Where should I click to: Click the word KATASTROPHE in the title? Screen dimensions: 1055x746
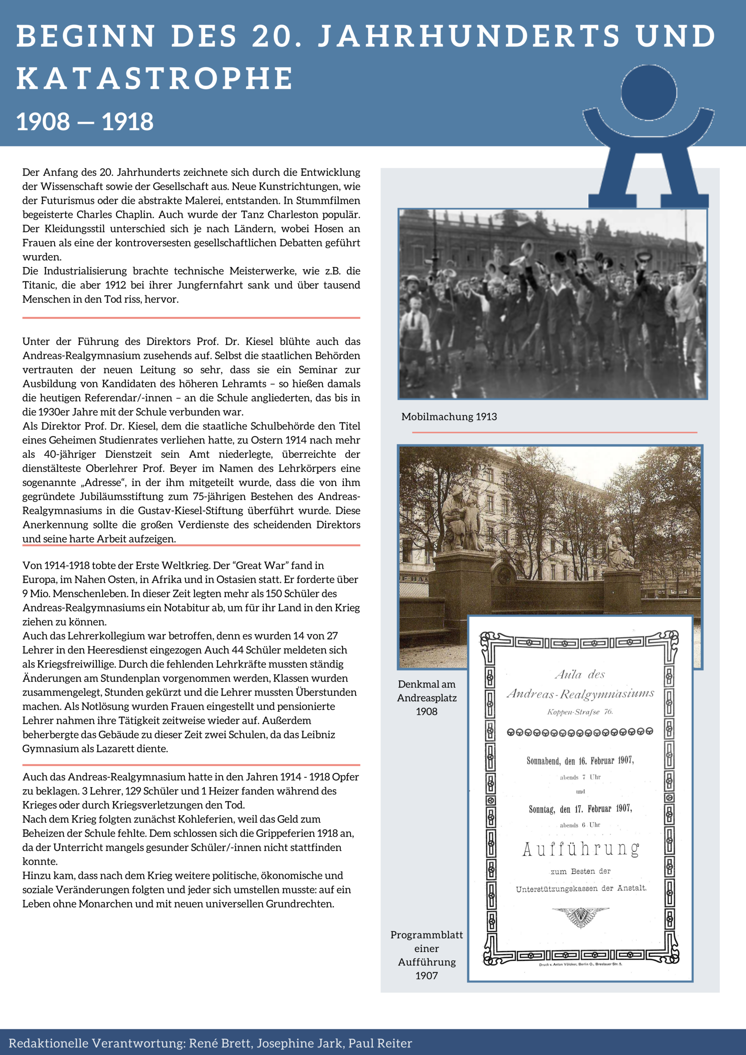(155, 78)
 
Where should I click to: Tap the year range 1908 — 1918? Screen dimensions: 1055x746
(85, 122)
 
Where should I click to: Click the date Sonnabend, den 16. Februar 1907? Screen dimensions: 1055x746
(580, 760)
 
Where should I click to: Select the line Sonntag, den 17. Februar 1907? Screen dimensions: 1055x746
(580, 809)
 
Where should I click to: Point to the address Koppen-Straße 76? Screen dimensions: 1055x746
(579, 712)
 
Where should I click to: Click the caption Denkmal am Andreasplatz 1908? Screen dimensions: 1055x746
(427, 698)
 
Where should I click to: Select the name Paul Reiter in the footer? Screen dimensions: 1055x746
(380, 1043)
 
